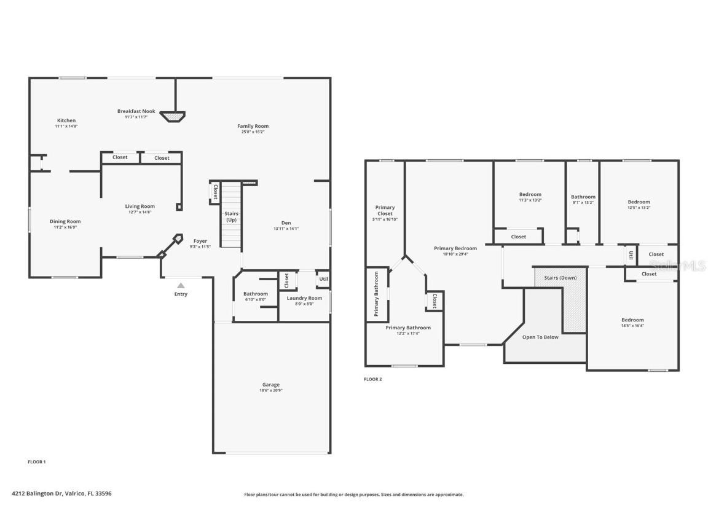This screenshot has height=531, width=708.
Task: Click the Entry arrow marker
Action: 181,285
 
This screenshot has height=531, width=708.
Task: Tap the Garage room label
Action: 271,384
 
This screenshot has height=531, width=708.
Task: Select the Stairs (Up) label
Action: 231,216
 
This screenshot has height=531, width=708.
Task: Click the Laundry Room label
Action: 304,298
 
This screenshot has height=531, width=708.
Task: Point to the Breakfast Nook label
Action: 136,111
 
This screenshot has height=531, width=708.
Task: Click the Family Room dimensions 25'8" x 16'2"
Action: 253,132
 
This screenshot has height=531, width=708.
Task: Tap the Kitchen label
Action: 66,120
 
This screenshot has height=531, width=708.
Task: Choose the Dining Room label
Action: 65,221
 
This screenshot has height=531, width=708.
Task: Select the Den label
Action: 286,222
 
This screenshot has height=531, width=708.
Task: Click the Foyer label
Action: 200,241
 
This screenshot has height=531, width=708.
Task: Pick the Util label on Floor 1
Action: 323,279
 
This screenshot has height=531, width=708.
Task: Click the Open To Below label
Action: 540,337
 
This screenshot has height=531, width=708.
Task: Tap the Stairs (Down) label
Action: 560,278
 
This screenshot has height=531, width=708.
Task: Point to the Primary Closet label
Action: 385,210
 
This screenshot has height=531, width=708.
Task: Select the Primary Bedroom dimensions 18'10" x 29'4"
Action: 455,254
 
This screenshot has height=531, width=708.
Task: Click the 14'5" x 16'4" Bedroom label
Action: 632,320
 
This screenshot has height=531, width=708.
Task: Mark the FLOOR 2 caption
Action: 372,379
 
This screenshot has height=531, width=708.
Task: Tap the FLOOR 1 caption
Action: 37,462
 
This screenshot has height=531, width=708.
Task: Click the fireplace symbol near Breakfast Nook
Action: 173,116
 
